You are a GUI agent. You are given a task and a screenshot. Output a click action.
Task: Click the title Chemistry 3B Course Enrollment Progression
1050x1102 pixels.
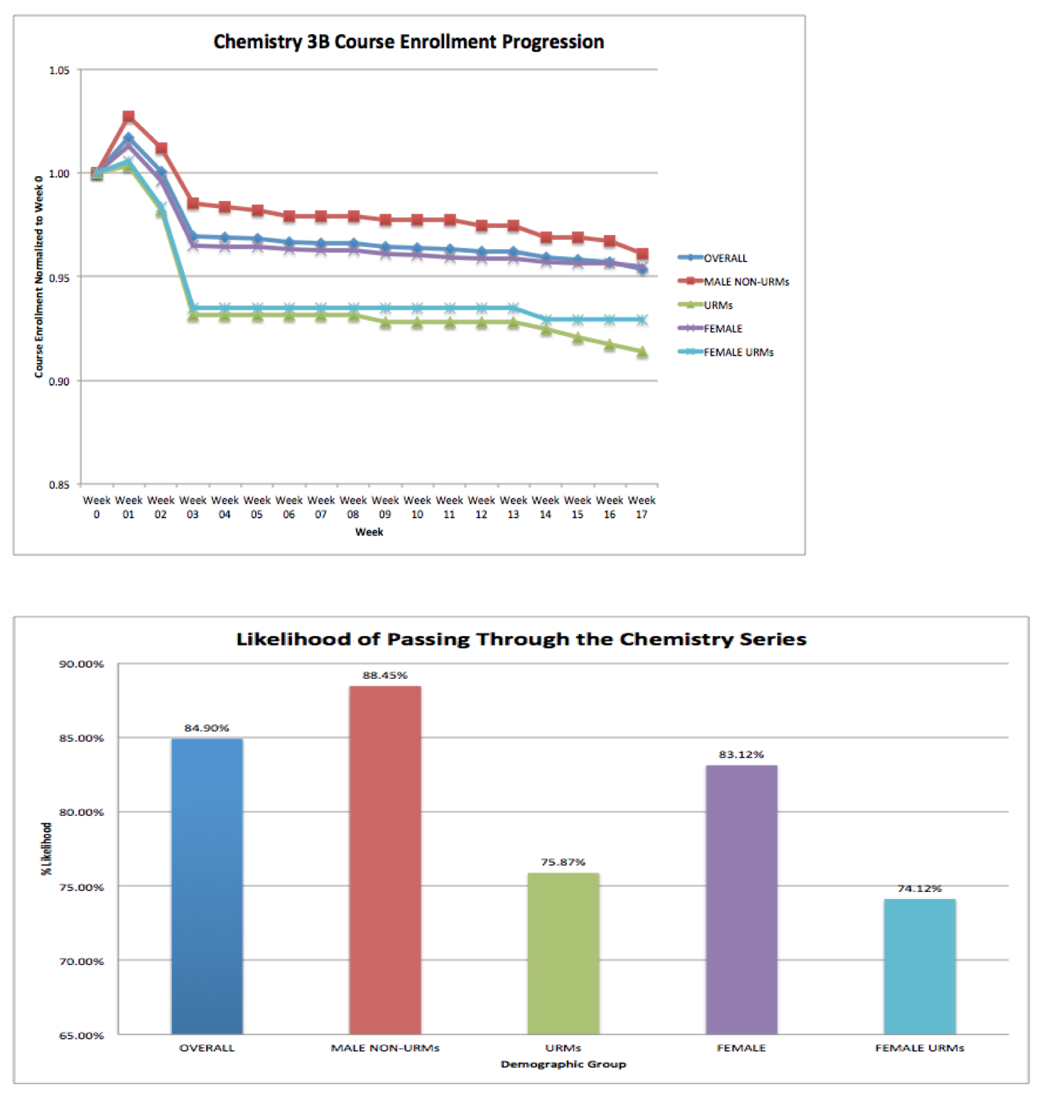coord(408,42)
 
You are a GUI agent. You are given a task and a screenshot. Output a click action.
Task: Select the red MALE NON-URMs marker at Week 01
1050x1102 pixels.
coord(129,116)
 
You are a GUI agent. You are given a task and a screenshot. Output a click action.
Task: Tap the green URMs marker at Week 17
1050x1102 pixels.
coord(642,352)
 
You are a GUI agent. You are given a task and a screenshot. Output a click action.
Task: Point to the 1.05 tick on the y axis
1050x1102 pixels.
coord(60,70)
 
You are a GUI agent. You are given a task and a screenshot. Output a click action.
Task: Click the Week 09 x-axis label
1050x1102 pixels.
coord(385,507)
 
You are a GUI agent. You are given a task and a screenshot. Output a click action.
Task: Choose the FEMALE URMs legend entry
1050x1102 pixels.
coord(738,352)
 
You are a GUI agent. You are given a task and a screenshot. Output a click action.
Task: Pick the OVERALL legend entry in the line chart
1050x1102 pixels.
coord(725,258)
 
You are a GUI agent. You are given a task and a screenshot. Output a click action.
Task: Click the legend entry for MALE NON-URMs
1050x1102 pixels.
coord(746,282)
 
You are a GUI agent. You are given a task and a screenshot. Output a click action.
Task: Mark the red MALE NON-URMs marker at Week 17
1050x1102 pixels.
coord(642,254)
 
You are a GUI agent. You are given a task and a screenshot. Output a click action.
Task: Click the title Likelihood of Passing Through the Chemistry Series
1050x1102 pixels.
coord(521,639)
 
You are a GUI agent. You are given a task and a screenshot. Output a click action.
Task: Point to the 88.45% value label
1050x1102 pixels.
coord(385,675)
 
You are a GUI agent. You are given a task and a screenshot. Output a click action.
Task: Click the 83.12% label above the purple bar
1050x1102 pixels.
coord(741,754)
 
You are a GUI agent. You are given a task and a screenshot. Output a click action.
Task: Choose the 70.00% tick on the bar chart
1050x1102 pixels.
coord(81,961)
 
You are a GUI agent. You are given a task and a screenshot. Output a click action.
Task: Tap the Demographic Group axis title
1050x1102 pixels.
coord(563,1064)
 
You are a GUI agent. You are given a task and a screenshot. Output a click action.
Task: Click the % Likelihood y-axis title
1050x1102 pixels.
coord(47,849)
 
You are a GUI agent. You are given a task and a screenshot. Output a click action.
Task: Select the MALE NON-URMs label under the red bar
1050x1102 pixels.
coord(385,1048)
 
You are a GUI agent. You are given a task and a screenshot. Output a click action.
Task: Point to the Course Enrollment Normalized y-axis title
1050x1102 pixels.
coord(39,277)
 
